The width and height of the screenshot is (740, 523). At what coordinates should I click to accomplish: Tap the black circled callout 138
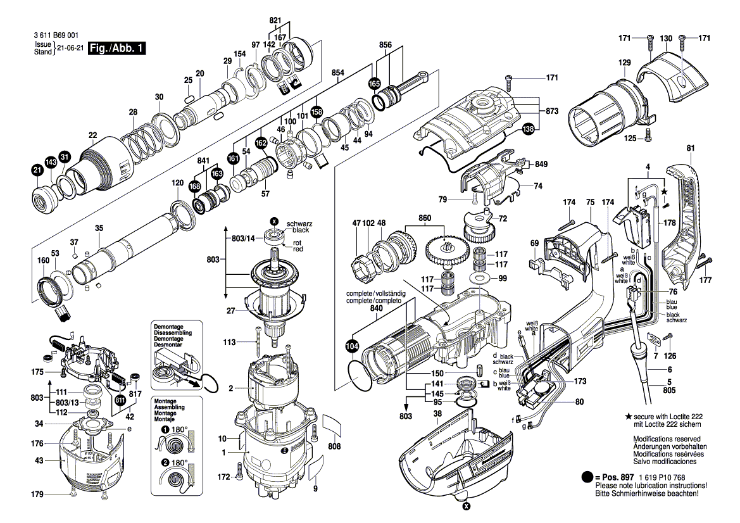click(528, 129)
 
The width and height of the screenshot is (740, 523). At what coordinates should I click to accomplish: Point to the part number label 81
click(690, 148)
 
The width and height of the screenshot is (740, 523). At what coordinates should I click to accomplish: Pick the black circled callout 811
click(120, 400)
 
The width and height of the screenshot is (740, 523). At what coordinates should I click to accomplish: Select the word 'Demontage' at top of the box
click(167, 325)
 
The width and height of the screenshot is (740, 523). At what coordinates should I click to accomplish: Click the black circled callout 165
click(375, 84)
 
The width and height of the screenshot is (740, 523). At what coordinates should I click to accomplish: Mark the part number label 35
click(99, 228)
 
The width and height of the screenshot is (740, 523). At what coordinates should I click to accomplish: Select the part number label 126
click(670, 356)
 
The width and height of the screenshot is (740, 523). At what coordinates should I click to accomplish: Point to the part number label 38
click(437, 413)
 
